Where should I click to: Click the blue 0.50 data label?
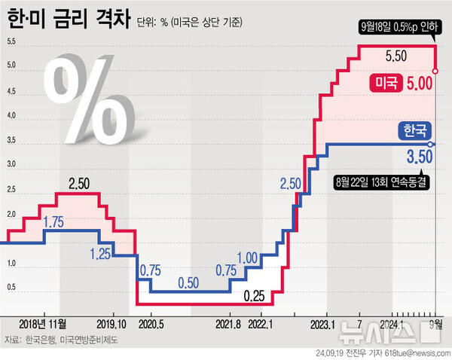tap(189, 282)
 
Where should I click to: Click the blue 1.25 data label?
tap(102, 254)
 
